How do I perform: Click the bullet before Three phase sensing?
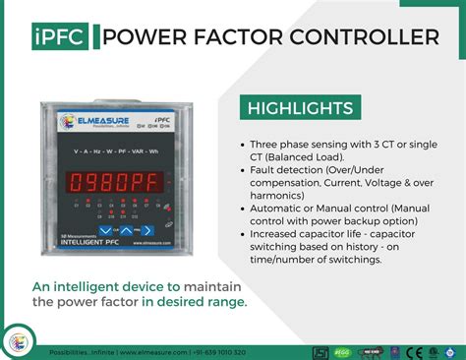coord(242,144)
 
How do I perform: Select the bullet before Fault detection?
coord(242,171)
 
